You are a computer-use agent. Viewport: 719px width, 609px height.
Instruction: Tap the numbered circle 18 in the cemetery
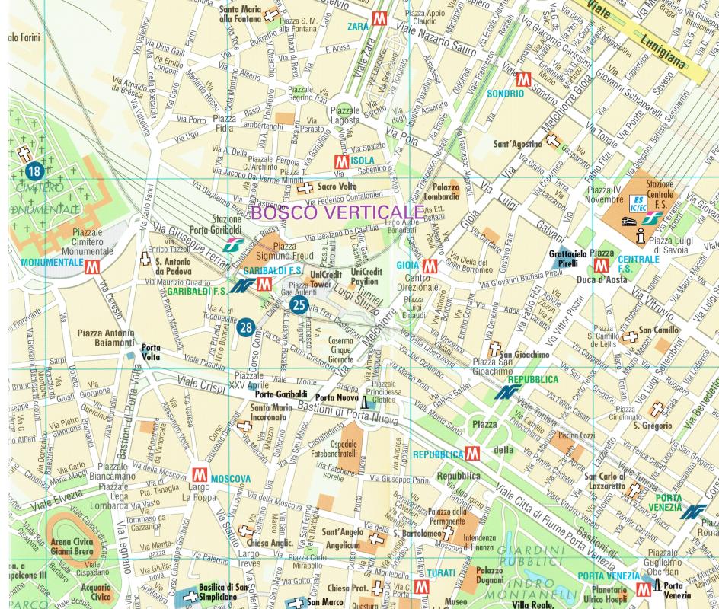click(x=33, y=171)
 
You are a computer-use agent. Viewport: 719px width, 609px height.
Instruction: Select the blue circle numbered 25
click(x=299, y=305)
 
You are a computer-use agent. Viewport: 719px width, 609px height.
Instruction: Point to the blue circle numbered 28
click(x=245, y=327)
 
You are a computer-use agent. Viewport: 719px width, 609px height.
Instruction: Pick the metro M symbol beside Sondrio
click(x=522, y=80)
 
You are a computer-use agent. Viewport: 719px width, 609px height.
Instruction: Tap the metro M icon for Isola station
click(x=342, y=161)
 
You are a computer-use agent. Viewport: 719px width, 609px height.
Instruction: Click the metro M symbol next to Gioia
click(x=429, y=266)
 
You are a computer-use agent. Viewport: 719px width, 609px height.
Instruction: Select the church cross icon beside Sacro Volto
click(x=305, y=187)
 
